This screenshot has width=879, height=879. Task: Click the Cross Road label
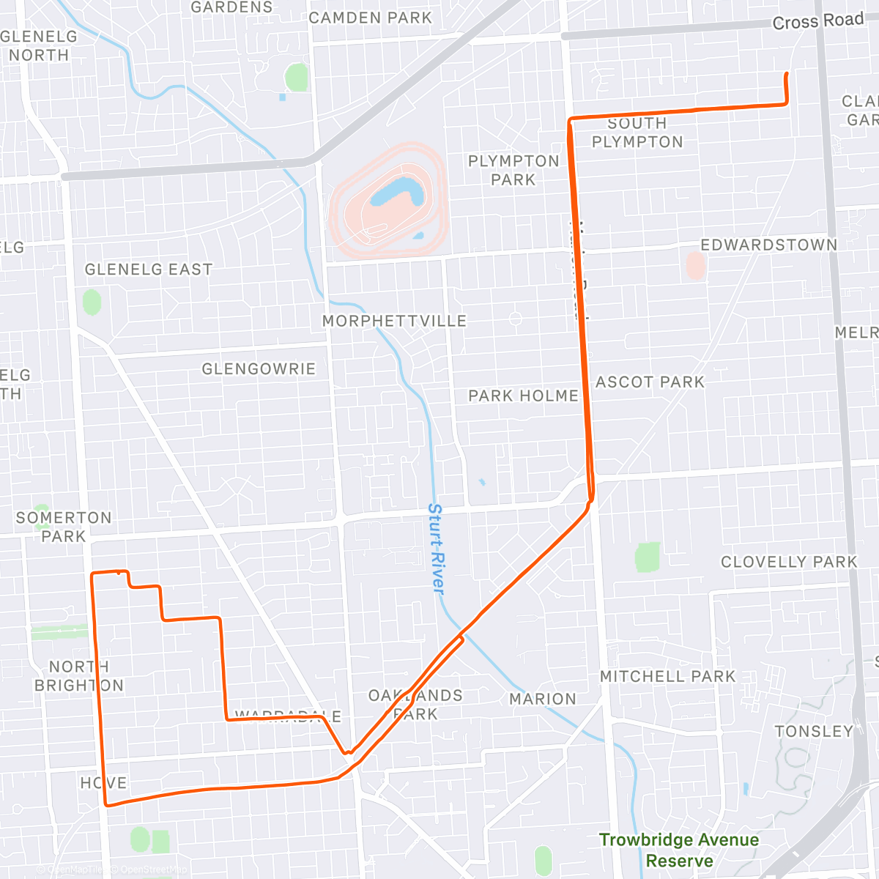(818, 21)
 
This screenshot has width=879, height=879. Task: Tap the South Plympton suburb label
(637, 133)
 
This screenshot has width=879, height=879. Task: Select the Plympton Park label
(513, 170)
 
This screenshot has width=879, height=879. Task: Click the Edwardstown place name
(768, 245)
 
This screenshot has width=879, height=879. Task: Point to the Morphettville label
(394, 321)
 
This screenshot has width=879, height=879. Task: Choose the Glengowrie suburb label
(259, 368)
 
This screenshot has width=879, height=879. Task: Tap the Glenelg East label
(149, 270)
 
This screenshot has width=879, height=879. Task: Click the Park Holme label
(523, 396)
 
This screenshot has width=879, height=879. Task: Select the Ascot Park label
(650, 382)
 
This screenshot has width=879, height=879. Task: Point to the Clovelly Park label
(789, 562)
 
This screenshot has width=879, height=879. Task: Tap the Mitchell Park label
(667, 676)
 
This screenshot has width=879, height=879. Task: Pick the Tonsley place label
(814, 731)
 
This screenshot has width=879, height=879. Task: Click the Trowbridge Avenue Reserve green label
(679, 850)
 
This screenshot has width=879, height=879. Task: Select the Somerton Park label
(64, 527)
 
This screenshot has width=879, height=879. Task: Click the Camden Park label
(370, 18)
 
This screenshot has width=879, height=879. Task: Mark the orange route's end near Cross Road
(786, 74)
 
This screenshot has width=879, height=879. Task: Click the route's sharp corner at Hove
(107, 805)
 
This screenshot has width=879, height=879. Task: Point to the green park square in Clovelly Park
(648, 557)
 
